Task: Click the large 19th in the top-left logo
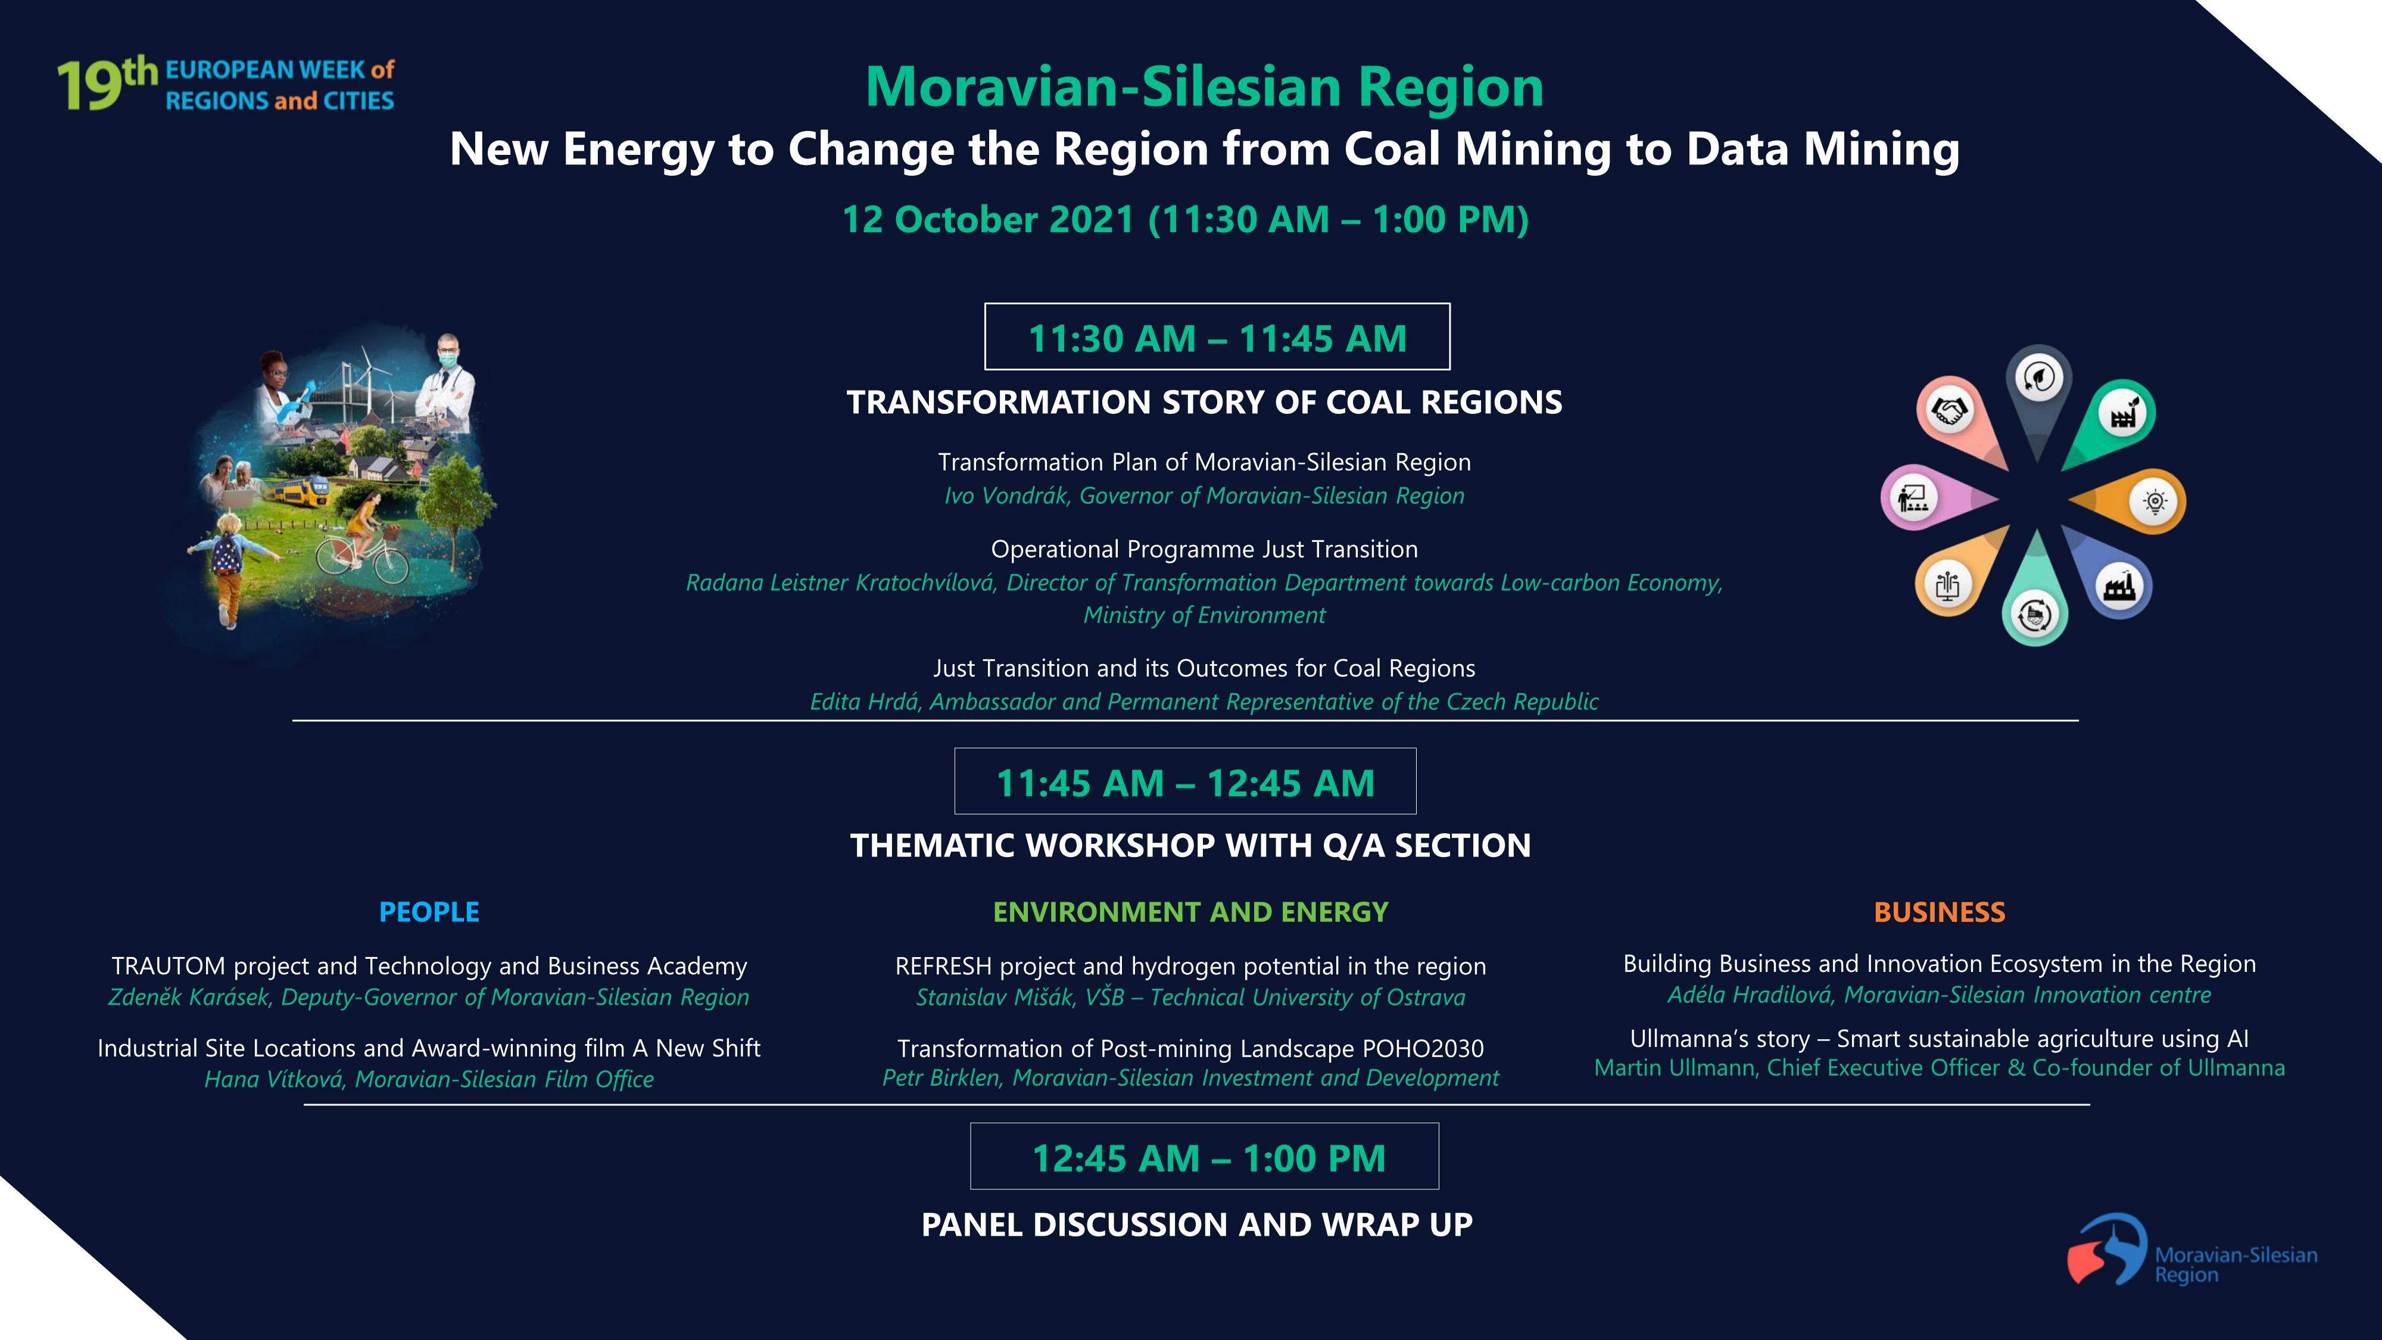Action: point(107,83)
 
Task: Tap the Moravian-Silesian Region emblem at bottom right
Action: point(2107,1248)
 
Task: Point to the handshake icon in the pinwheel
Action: point(1949,410)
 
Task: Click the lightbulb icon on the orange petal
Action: point(2155,501)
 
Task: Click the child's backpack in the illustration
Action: point(226,555)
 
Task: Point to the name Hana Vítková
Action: point(275,1079)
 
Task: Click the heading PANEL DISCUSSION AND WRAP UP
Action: point(1196,1224)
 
